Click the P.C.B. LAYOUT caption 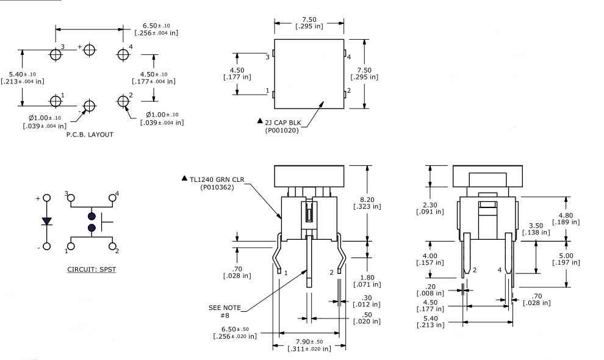click(90, 134)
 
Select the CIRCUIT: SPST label click(92, 268)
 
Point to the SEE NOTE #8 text click(225, 311)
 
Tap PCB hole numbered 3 click(56, 54)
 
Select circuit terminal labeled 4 click(113, 198)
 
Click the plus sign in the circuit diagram click(38, 198)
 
